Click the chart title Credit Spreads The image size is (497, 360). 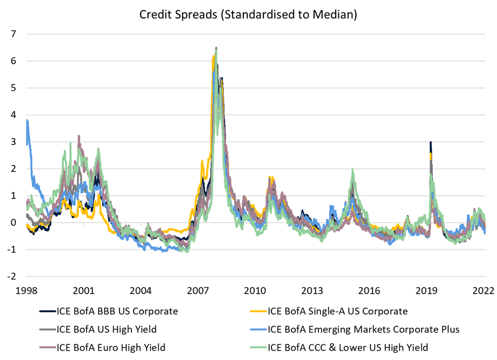248,15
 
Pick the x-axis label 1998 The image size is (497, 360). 26,291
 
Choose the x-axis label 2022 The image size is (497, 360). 483,291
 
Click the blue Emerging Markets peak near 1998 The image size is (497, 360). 28,120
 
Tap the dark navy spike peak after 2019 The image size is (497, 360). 431,142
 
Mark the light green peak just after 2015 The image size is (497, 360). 352,170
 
